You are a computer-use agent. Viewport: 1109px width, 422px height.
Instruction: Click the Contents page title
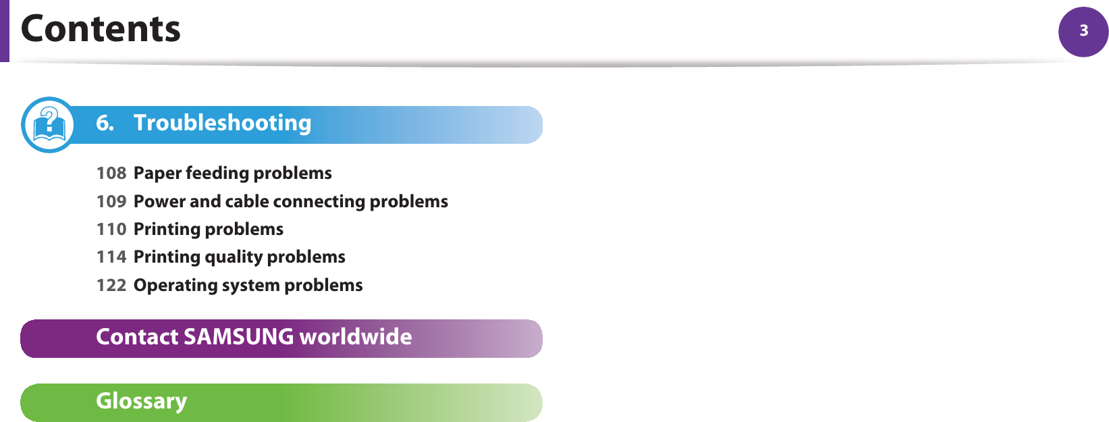tap(101, 29)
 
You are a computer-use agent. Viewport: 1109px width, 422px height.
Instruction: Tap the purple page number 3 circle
tap(1083, 32)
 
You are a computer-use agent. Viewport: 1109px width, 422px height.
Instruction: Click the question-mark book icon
tap(49, 125)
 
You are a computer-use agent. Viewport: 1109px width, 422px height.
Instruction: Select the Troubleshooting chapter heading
tap(222, 123)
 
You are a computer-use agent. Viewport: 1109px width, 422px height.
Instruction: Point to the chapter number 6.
tap(105, 123)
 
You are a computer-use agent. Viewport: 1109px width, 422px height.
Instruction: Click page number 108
tap(111, 173)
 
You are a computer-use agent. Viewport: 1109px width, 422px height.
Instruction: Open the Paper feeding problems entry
tap(233, 174)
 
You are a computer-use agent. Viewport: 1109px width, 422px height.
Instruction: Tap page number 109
tap(111, 201)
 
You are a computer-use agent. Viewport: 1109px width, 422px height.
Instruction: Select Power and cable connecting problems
tap(291, 202)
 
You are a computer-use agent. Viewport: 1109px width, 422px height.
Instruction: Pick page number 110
tap(111, 229)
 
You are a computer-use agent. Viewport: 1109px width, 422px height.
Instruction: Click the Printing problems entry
tap(209, 230)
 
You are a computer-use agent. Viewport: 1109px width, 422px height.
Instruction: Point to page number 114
tap(111, 257)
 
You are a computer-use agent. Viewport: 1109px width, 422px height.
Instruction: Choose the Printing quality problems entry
tap(239, 257)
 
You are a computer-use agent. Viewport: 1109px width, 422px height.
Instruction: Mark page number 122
tap(111, 285)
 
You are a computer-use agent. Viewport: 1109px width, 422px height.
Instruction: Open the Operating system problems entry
tap(248, 286)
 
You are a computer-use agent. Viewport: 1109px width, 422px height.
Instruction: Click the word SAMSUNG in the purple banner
tap(239, 337)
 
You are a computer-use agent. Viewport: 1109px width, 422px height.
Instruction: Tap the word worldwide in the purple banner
tap(356, 337)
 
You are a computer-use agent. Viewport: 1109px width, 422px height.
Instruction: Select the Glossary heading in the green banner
tap(142, 401)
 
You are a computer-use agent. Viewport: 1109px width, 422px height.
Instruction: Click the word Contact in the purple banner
tap(137, 337)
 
